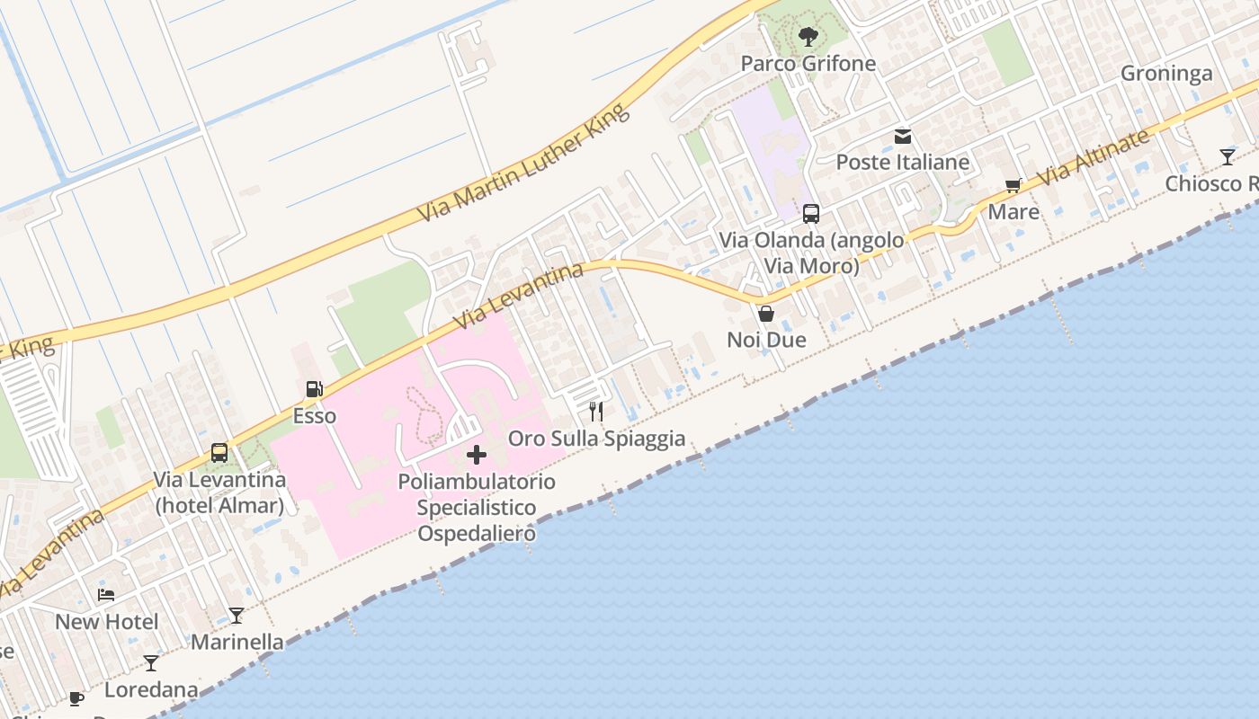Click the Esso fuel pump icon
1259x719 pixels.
click(x=315, y=389)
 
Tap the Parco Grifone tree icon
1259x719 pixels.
click(x=808, y=37)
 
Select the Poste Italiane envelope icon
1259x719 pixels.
click(x=903, y=137)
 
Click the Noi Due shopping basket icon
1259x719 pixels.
click(x=766, y=314)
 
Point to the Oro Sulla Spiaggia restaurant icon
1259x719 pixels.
click(x=595, y=412)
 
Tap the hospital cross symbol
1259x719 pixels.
click(x=477, y=455)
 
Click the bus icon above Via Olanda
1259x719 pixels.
click(x=811, y=214)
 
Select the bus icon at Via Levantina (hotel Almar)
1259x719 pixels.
click(x=219, y=453)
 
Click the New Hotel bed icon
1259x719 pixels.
click(x=106, y=595)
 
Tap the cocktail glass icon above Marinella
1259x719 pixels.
click(x=237, y=616)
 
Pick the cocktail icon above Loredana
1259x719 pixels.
click(x=151, y=663)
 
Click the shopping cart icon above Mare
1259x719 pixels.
click(x=1013, y=186)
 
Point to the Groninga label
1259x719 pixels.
click(x=1166, y=74)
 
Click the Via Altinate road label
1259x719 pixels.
click(x=1094, y=158)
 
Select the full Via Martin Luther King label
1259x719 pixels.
click(x=522, y=164)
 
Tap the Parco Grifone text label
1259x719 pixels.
click(x=808, y=63)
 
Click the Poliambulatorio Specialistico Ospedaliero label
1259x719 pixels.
click(x=477, y=508)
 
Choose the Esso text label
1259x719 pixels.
click(x=315, y=416)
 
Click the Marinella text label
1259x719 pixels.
click(x=237, y=643)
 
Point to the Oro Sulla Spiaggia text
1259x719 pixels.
click(x=597, y=439)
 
